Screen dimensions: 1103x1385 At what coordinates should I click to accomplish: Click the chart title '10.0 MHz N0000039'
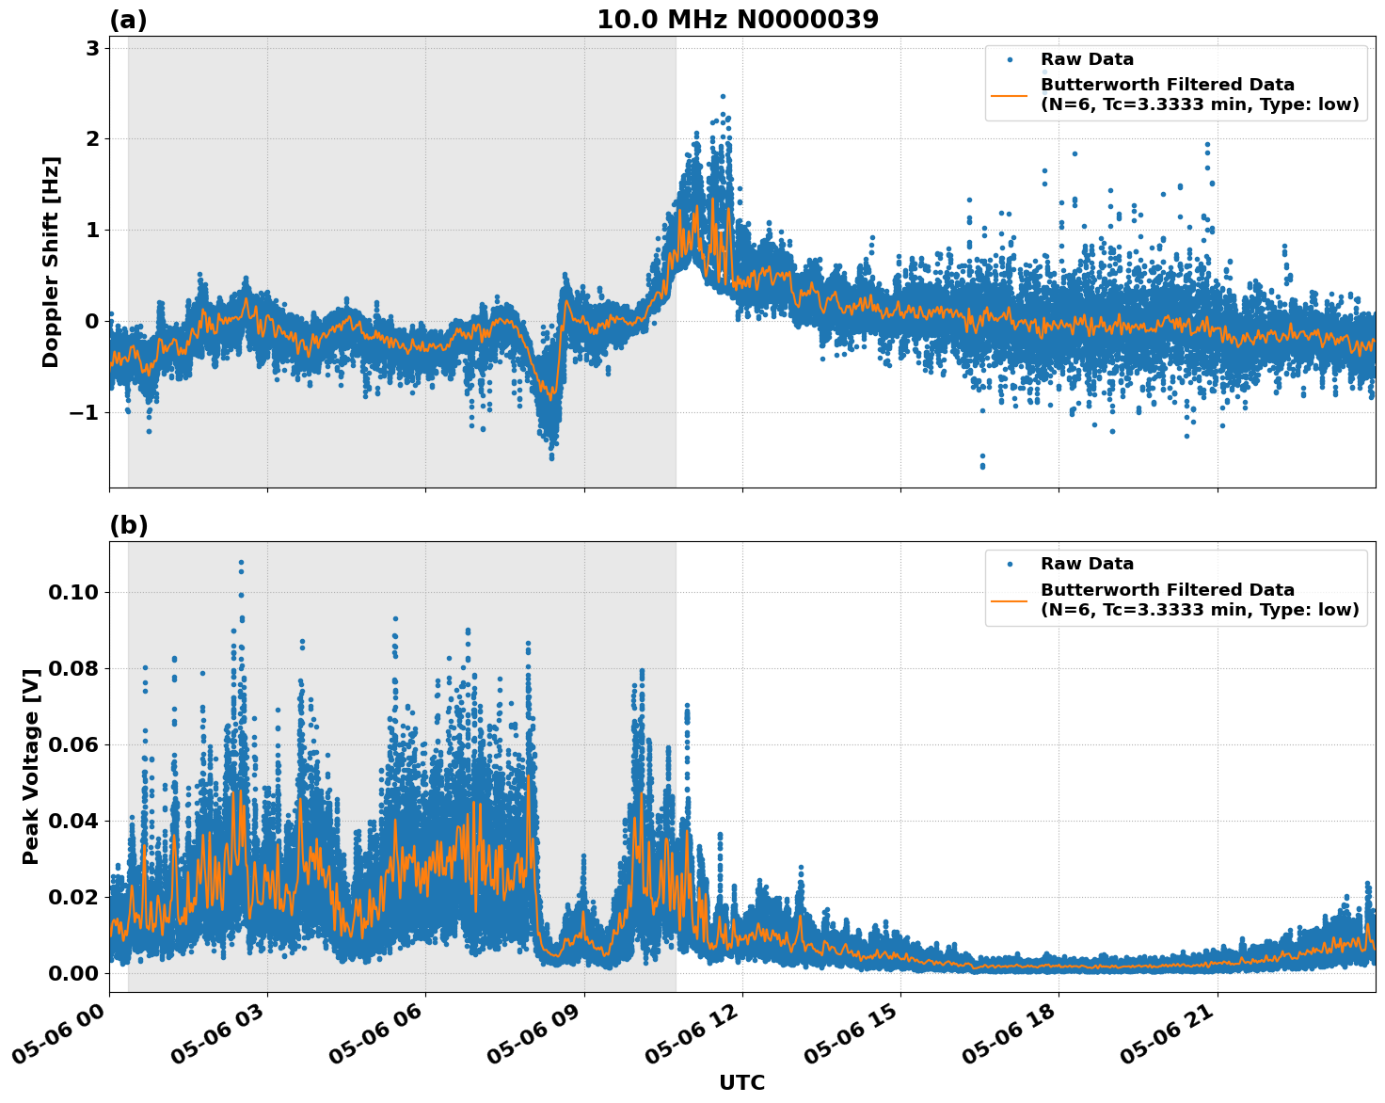tap(738, 20)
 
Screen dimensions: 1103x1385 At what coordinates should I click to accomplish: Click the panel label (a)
tap(128, 20)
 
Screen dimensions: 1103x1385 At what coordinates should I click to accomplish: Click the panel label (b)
tap(128, 525)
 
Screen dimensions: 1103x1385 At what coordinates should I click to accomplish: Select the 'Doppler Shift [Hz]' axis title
tap(51, 262)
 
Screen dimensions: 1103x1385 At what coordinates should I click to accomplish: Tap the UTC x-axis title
tap(741, 1082)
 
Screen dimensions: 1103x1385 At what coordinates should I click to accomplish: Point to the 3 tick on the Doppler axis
tap(92, 48)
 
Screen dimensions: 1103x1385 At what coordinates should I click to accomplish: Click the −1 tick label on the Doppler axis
tap(81, 412)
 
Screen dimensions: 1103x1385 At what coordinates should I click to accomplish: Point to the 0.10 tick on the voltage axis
tap(74, 592)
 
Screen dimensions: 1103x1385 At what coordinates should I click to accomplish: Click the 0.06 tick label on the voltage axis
tap(74, 744)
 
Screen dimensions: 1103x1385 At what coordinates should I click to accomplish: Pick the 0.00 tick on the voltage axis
tap(74, 972)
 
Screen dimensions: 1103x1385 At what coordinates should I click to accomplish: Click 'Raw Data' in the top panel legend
tap(1087, 59)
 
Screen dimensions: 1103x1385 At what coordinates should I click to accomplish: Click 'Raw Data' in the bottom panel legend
tap(1087, 564)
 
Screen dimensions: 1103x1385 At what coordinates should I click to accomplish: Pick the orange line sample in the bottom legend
tap(1009, 599)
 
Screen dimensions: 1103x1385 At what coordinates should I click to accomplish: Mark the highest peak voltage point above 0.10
tap(241, 563)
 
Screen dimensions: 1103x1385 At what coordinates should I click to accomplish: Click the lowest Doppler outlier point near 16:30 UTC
tap(982, 466)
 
